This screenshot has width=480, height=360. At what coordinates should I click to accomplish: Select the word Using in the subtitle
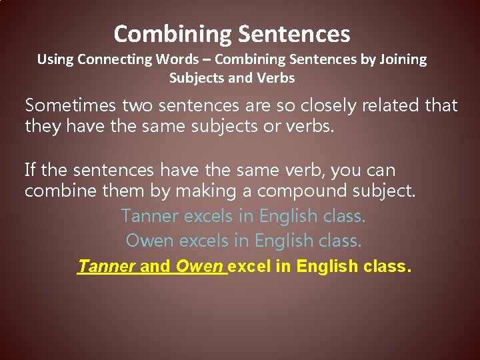click(x=55, y=59)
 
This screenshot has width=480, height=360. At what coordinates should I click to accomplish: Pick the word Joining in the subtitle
click(x=403, y=59)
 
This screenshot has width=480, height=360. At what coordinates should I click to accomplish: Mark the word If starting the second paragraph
click(x=30, y=171)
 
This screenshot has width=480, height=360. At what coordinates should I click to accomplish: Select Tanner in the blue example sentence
click(x=150, y=217)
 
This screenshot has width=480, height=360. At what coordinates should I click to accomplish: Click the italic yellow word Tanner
click(x=107, y=267)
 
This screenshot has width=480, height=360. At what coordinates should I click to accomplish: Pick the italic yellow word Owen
click(x=199, y=267)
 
